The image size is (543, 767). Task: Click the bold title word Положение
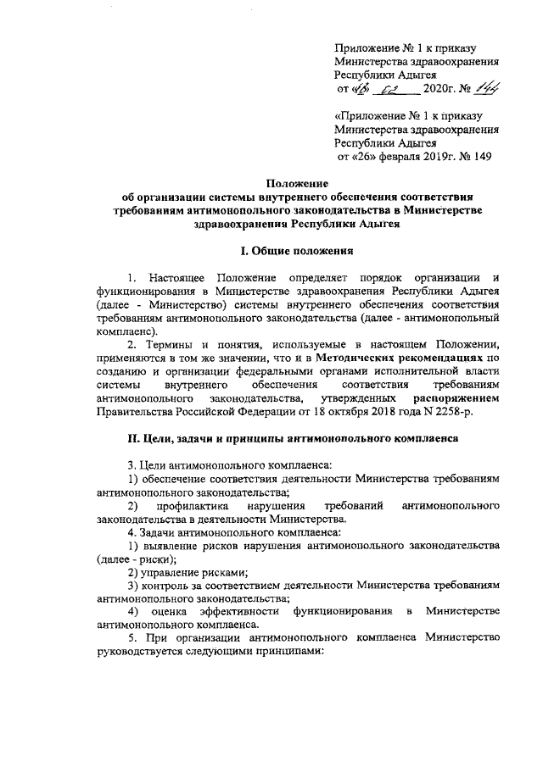click(293, 183)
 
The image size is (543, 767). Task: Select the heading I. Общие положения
click(293, 251)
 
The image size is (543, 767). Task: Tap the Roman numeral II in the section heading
click(121, 439)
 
